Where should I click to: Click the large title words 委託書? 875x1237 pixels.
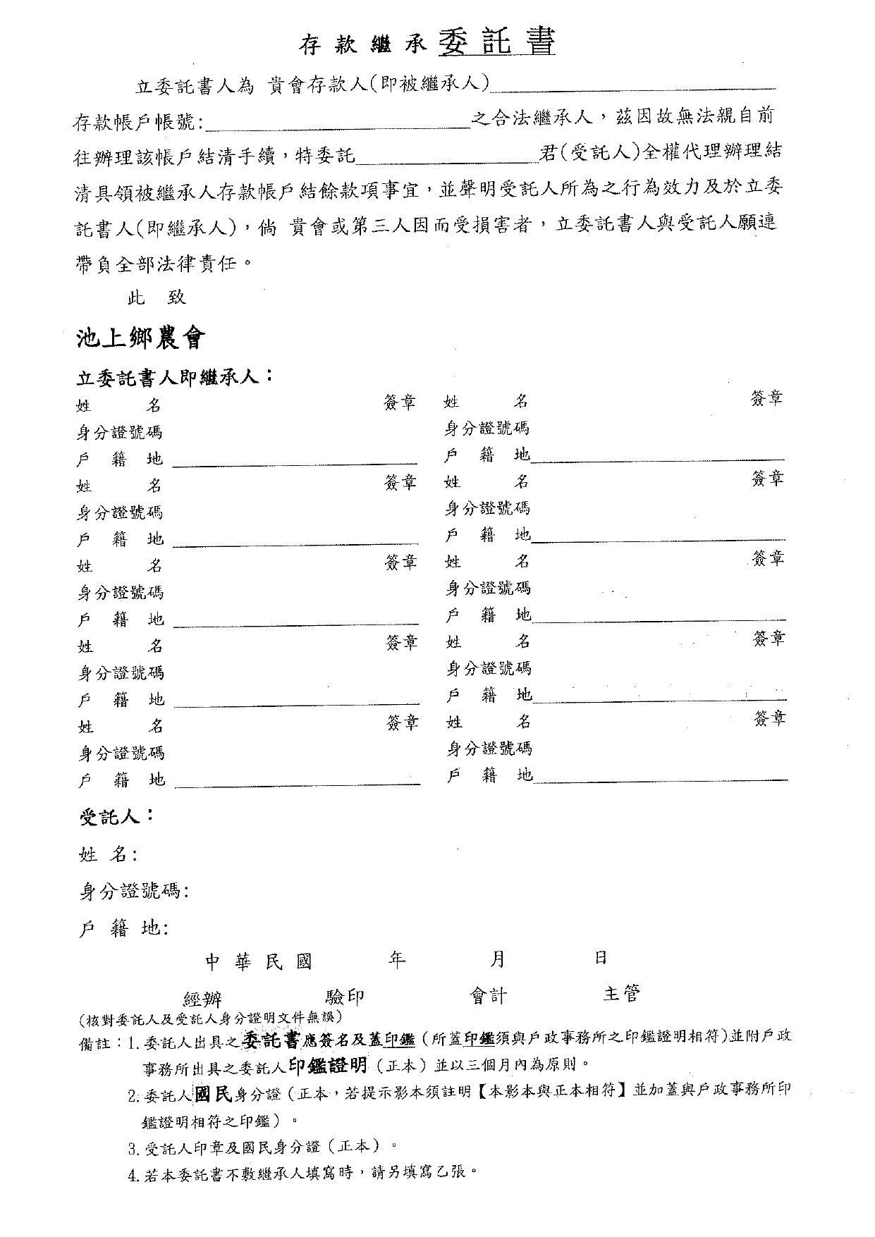496,42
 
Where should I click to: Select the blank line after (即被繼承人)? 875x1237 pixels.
632,87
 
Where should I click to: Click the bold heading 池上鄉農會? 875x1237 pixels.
140,339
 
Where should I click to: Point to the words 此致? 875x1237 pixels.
156,297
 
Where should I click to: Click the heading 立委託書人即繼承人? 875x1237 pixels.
174,377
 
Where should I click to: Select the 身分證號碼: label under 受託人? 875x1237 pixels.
133,892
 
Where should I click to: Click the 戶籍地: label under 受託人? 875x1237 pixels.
123,929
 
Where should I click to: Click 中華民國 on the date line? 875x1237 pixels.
258,962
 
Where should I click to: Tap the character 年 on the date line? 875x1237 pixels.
397,959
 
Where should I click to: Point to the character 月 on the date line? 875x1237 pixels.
498,959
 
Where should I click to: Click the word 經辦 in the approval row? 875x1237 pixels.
202,998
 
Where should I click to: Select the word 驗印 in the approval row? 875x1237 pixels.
345,997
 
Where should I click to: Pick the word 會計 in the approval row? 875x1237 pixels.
489,995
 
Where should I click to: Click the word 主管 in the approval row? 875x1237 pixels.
621,994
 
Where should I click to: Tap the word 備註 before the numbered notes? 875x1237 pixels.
95,1043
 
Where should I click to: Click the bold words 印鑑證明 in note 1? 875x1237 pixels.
328,1065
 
